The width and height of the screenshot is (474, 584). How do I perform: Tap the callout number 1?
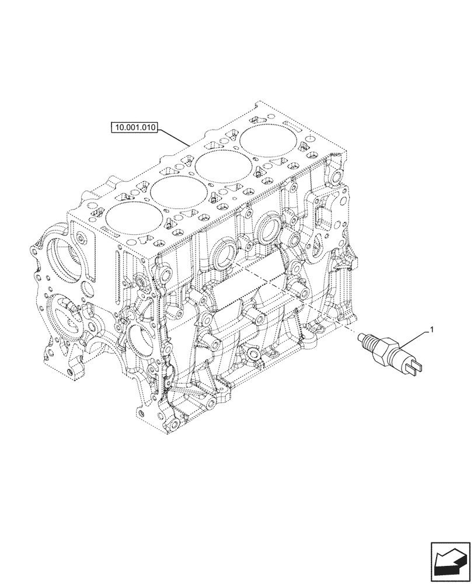click(x=431, y=331)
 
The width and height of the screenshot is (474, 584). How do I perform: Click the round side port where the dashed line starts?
click(x=224, y=258)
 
